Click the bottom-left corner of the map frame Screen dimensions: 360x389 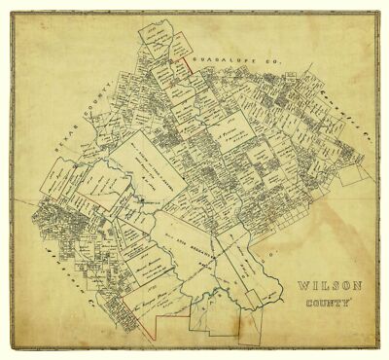tap(13, 349)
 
